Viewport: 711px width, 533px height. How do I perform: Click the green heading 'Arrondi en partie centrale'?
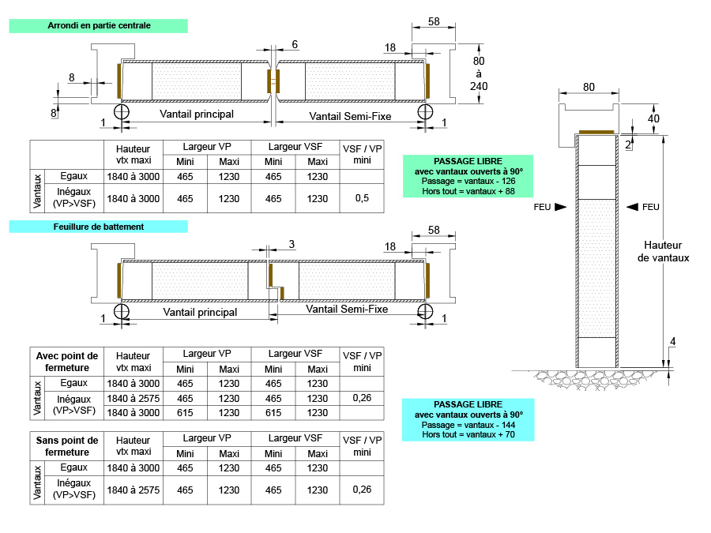point(99,25)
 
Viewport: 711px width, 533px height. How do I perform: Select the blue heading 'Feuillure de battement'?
point(99,227)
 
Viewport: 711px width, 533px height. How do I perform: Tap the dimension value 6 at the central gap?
point(295,45)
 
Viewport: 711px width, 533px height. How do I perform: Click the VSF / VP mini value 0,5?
point(362,198)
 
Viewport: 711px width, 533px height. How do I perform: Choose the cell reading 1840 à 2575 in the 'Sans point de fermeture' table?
point(133,490)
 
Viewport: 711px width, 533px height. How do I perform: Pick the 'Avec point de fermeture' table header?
point(67,362)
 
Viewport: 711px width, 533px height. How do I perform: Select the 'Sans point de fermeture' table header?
point(67,446)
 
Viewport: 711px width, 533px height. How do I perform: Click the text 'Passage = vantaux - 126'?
point(468,182)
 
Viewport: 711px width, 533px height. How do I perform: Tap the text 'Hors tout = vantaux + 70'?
point(468,434)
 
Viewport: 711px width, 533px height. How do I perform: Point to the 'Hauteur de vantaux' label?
point(664,251)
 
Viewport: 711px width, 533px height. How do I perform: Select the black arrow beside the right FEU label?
point(631,207)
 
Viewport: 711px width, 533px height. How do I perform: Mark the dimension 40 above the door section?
point(653,118)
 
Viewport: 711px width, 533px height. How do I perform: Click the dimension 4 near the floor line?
point(672,342)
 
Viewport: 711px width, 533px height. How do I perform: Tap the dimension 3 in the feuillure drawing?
point(292,245)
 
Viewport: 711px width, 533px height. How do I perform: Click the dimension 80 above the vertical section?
point(589,87)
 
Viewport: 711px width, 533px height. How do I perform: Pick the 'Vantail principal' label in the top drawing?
point(197,114)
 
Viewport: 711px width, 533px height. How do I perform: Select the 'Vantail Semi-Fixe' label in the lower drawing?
point(348,310)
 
